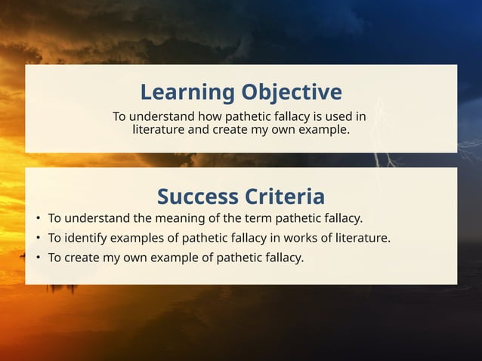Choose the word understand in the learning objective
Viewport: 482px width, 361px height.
click(x=162, y=116)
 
